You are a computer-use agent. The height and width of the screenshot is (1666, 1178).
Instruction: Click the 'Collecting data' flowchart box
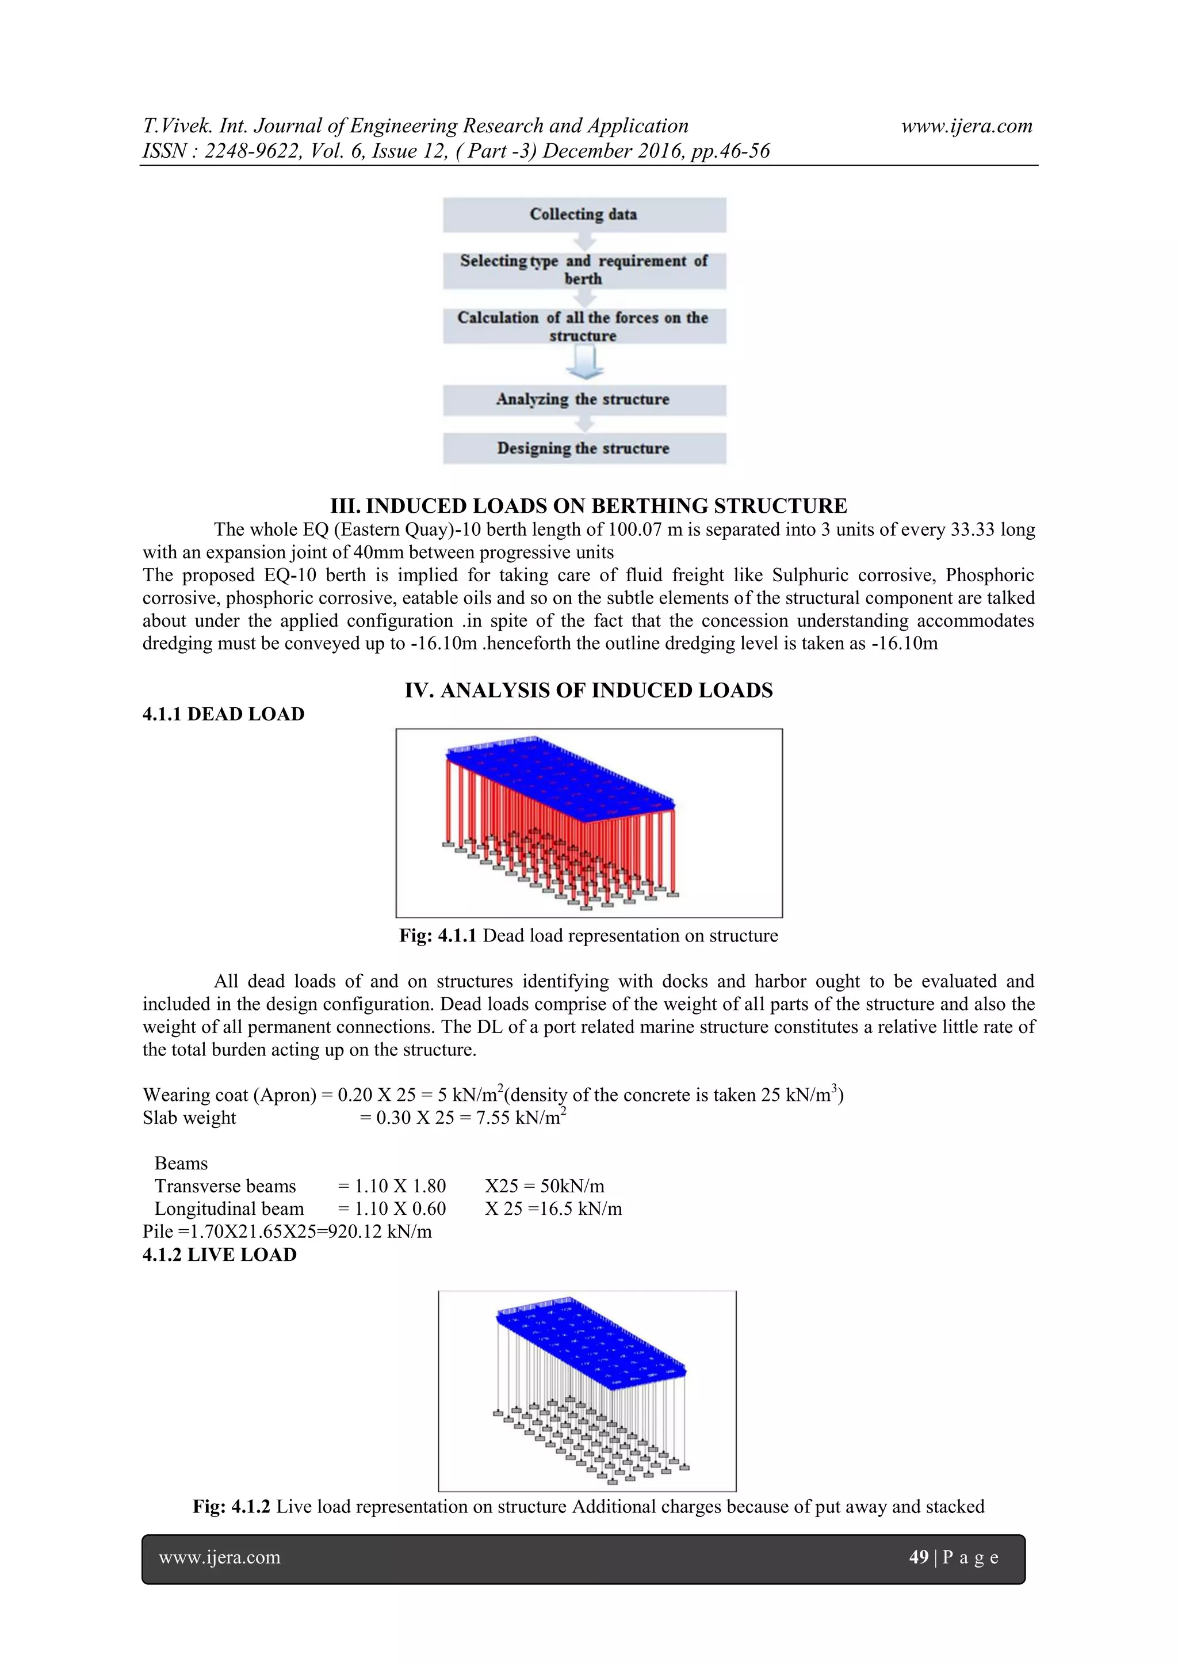tap(584, 215)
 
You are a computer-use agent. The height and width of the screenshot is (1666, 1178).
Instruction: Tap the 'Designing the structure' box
tap(584, 448)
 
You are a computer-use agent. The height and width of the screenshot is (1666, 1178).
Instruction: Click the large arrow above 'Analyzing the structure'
tap(584, 362)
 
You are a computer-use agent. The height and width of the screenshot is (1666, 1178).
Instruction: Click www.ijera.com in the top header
tap(966, 126)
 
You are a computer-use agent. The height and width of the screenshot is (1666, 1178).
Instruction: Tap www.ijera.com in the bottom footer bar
tap(219, 1557)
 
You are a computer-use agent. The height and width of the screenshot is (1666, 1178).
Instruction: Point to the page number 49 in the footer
tap(919, 1557)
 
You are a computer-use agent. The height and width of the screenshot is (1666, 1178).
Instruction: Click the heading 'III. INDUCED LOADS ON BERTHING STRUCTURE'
tap(588, 506)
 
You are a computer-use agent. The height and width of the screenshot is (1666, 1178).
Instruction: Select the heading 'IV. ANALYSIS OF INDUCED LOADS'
tap(588, 690)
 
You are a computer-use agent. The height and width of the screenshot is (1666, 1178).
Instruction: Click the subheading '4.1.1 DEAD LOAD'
tap(223, 714)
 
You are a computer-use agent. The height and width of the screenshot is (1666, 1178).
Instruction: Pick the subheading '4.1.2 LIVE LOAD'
tap(220, 1255)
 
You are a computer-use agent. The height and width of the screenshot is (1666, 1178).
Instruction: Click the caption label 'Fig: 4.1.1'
tap(437, 936)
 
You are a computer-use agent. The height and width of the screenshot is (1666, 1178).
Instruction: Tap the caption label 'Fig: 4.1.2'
tap(231, 1507)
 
